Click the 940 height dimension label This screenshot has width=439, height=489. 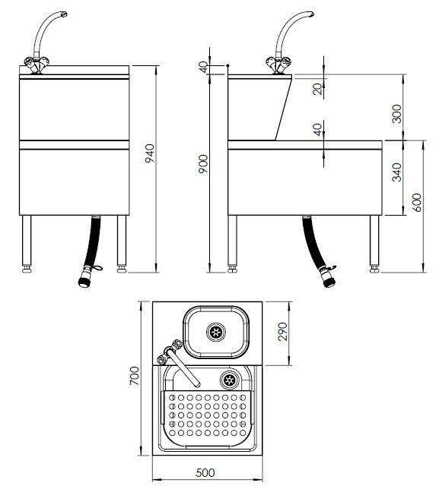pos(150,153)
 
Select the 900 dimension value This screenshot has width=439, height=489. pos(203,164)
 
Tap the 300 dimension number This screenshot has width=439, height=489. pos(397,114)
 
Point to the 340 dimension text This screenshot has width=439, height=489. pos(397,172)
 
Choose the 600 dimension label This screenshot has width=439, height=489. pos(417,203)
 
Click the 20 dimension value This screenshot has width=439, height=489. pos(317,89)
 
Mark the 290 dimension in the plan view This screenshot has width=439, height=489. pos(282,332)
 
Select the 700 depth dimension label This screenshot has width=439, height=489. pos(135,376)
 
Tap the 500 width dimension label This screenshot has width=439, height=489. pos(205,472)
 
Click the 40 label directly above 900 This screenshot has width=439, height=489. pos(203,68)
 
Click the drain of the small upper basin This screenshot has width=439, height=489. pos(216,332)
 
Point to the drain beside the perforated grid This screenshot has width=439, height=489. pos(230,380)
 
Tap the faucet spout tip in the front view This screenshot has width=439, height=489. pos(64,14)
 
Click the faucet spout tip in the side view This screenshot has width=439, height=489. pos(310,14)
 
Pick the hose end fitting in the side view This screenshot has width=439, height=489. pos(329,281)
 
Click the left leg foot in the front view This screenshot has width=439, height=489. pos(27,269)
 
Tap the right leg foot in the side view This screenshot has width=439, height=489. pos(374,269)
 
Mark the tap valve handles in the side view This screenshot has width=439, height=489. pos(278,64)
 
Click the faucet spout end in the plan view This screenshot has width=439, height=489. pos(197,385)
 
